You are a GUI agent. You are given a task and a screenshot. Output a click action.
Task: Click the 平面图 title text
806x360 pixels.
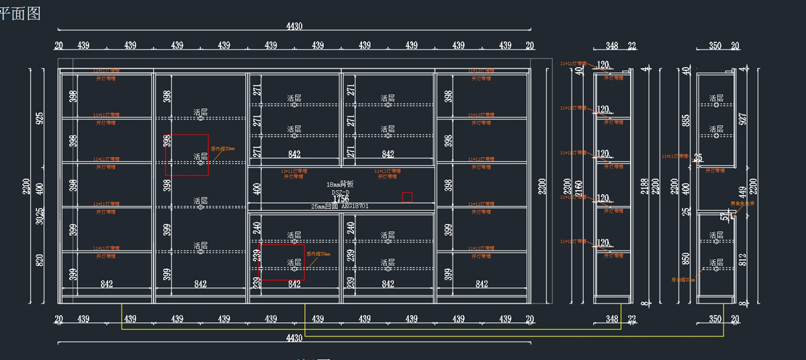click(20, 14)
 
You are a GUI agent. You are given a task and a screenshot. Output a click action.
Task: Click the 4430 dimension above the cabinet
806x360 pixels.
click(294, 26)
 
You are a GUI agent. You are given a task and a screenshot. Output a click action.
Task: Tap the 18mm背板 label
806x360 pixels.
click(340, 184)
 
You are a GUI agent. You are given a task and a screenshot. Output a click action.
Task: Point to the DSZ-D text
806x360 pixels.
click(341, 192)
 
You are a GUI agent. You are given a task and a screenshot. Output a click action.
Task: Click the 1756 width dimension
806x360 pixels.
click(341, 199)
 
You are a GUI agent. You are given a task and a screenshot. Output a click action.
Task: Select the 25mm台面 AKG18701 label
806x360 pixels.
click(340, 206)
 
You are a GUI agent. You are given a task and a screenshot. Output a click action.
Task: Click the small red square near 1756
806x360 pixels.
click(407, 197)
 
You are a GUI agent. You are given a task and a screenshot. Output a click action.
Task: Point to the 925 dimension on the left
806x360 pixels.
click(40, 119)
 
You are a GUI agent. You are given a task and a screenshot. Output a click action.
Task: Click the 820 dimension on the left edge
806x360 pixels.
click(40, 261)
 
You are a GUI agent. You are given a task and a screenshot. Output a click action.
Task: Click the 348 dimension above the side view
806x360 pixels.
click(611, 46)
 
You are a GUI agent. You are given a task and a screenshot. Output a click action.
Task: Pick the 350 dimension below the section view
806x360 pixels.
click(715, 318)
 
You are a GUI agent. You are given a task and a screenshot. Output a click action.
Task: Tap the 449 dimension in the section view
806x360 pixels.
click(742, 193)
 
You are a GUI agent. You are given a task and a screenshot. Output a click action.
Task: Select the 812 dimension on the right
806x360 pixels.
click(742, 260)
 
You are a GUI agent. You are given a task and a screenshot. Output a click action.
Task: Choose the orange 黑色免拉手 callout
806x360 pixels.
click(742, 203)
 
